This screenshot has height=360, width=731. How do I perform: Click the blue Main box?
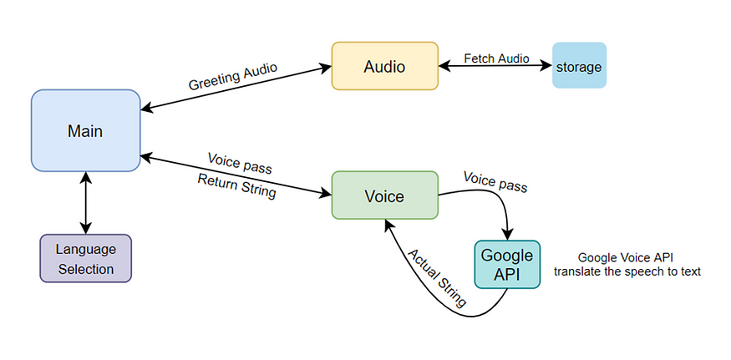[x=85, y=130]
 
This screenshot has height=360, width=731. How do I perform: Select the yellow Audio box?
[x=385, y=66]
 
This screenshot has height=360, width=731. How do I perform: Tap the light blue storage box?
[x=578, y=66]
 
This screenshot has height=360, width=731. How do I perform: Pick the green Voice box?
[x=384, y=196]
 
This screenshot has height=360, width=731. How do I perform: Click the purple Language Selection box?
[x=85, y=258]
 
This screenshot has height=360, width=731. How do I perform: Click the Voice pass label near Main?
[x=239, y=161]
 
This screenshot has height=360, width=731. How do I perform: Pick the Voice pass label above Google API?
[x=495, y=183]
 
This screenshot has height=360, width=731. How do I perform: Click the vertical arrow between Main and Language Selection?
[x=84, y=203]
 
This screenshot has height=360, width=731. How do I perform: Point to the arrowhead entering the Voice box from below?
[x=388, y=224]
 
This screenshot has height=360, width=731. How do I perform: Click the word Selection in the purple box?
[x=85, y=269]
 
